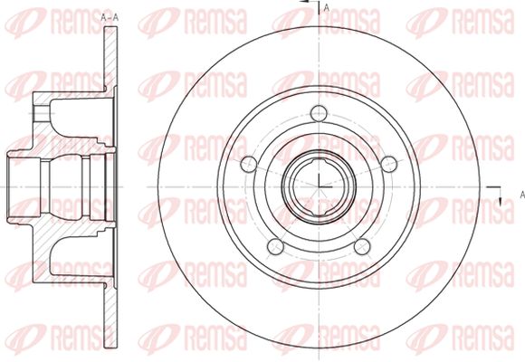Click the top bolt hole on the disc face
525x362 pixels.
pyautogui.click(x=319, y=113)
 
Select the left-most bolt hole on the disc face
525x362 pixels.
pyautogui.click(x=249, y=164)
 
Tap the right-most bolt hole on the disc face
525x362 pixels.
pyautogui.click(x=389, y=164)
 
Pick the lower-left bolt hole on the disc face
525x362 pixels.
pyautogui.click(x=275, y=246)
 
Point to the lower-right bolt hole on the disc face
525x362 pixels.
pyautogui.click(x=362, y=246)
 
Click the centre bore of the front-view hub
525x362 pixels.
pyautogui.click(x=319, y=186)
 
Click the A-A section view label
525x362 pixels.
pyautogui.click(x=110, y=18)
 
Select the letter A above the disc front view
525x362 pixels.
pyautogui.click(x=327, y=8)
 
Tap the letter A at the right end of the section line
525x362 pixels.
pyautogui.click(x=522, y=195)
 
